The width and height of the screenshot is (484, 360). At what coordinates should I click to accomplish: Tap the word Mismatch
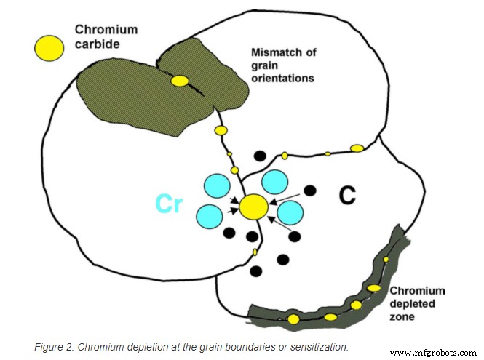coord(273,52)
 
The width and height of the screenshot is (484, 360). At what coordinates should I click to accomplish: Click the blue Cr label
coord(169,204)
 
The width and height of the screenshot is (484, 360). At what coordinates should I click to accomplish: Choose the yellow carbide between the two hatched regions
coord(178,81)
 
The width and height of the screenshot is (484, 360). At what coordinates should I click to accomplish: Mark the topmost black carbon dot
coord(258,155)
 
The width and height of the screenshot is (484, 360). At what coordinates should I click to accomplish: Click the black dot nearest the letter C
coord(310,191)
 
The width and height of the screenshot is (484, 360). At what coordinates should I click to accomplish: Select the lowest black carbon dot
coord(256,271)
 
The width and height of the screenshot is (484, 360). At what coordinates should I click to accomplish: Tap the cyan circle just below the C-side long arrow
coord(290,213)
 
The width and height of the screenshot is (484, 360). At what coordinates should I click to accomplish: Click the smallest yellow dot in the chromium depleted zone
coord(386,260)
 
